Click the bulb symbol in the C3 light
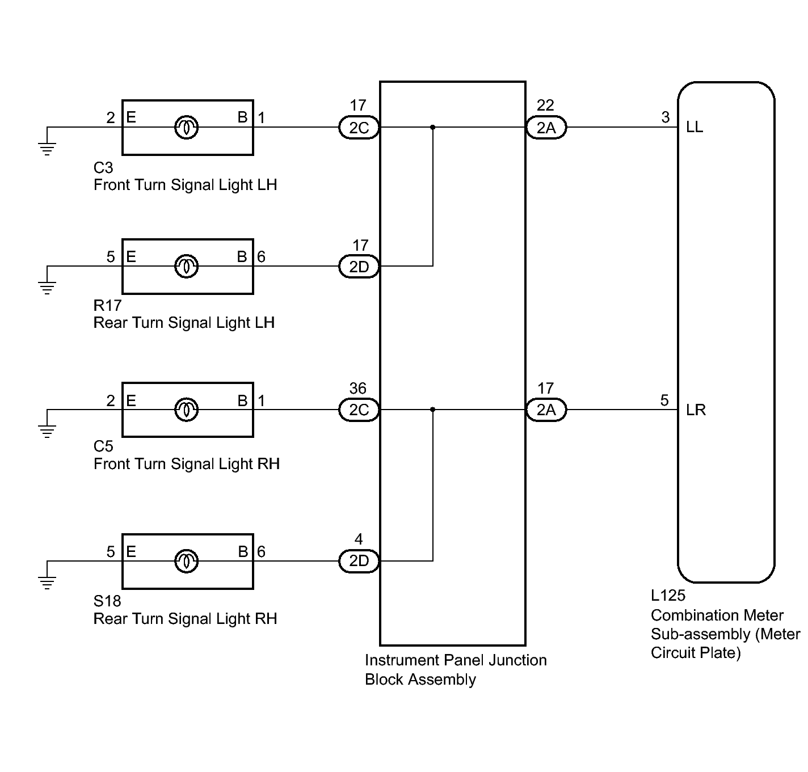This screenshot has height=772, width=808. tap(187, 128)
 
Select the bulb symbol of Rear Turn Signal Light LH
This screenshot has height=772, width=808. tap(187, 267)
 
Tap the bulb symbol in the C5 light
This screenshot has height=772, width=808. tap(187, 410)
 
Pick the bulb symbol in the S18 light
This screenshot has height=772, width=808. tap(187, 561)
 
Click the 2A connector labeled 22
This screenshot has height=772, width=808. tap(546, 128)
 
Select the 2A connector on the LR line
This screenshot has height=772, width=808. tap(546, 410)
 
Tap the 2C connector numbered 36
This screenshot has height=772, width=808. tap(359, 410)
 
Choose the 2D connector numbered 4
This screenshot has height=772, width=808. tap(359, 561)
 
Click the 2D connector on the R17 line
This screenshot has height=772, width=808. tap(359, 267)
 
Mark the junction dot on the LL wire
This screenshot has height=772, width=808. tap(432, 128)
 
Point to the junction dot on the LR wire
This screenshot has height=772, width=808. tap(432, 410)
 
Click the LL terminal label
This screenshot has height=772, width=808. tap(695, 128)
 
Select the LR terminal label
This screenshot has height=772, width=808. tap(696, 410)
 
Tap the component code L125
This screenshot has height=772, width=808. tap(668, 596)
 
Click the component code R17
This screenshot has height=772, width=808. tap(108, 306)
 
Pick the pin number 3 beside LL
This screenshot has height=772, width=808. tap(666, 117)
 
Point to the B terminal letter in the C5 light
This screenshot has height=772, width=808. tap(242, 400)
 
